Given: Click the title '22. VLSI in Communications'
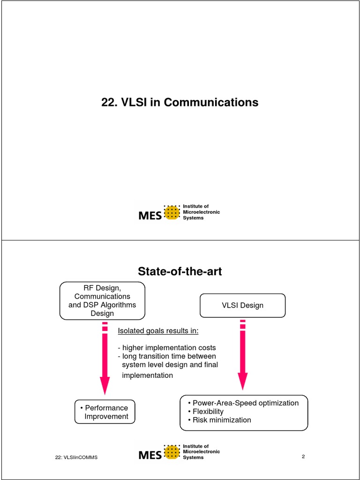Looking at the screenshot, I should (180, 102).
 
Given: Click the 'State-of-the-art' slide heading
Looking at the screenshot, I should (180, 271).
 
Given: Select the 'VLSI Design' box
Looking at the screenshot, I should (242, 306).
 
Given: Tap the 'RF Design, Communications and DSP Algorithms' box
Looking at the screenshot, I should (102, 300).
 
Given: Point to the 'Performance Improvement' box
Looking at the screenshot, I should (105, 412).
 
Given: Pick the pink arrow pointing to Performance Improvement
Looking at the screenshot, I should (105, 358).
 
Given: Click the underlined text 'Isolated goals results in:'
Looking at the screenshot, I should (158, 331).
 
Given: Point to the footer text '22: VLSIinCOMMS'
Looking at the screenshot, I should (76, 457).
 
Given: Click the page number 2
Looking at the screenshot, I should (303, 457).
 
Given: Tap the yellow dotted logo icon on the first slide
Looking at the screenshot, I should (172, 213).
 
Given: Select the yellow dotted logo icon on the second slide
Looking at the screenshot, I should (172, 452).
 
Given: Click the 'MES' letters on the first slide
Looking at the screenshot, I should (150, 216).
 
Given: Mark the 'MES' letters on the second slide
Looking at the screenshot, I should (150, 455).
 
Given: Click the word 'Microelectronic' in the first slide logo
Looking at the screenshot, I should (201, 212).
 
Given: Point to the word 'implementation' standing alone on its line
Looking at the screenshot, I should (147, 375).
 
